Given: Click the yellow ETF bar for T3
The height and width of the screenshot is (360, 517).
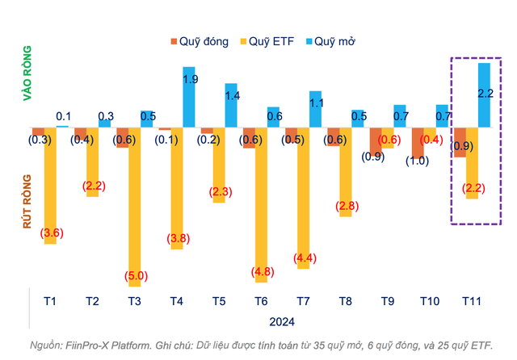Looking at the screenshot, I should click(x=134, y=207).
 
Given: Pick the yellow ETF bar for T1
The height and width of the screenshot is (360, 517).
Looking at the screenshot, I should click(x=50, y=185).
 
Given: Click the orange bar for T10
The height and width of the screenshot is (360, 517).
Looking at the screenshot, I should click(x=418, y=142).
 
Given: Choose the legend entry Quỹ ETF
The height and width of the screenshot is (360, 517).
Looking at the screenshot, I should click(x=269, y=40).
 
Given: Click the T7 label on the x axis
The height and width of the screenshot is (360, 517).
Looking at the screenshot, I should click(x=303, y=301).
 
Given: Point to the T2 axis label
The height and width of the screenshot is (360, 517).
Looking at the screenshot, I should click(x=92, y=301).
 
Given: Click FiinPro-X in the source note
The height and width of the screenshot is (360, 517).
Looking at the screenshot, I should click(x=98, y=345).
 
